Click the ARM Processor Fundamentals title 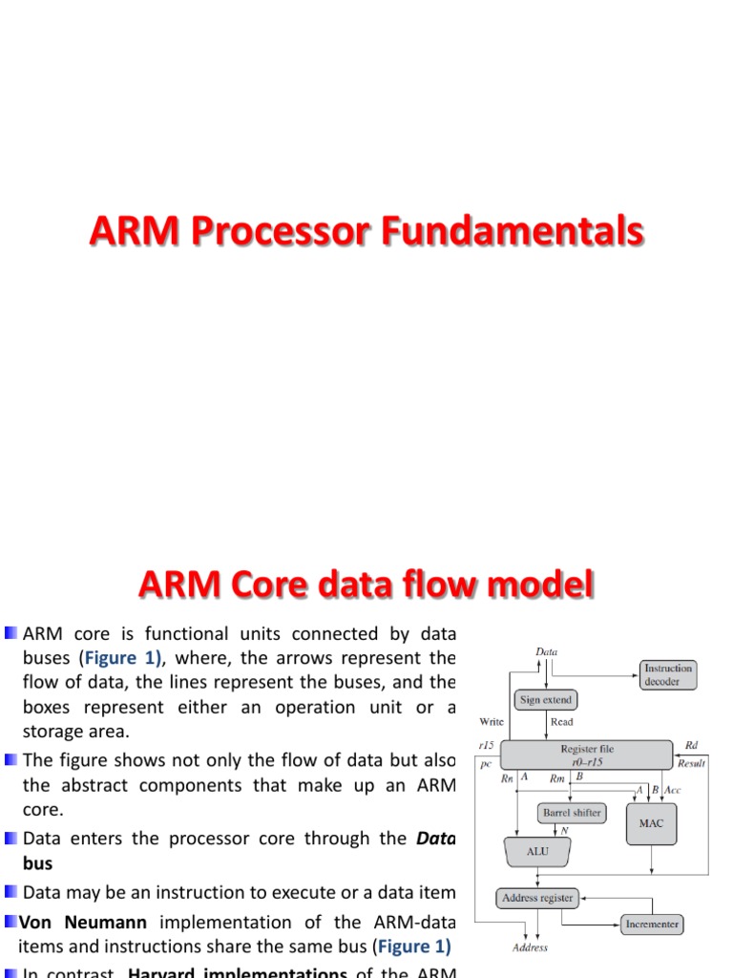366,233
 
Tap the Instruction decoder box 667,674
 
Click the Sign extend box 545,700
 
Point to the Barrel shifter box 572,813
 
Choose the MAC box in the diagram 651,823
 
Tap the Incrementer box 652,924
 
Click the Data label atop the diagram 547,651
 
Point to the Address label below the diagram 530,947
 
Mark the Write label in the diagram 491,722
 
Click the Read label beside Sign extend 562,722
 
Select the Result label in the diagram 691,763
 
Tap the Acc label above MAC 672,789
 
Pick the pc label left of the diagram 485,764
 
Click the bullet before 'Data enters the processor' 10,838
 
